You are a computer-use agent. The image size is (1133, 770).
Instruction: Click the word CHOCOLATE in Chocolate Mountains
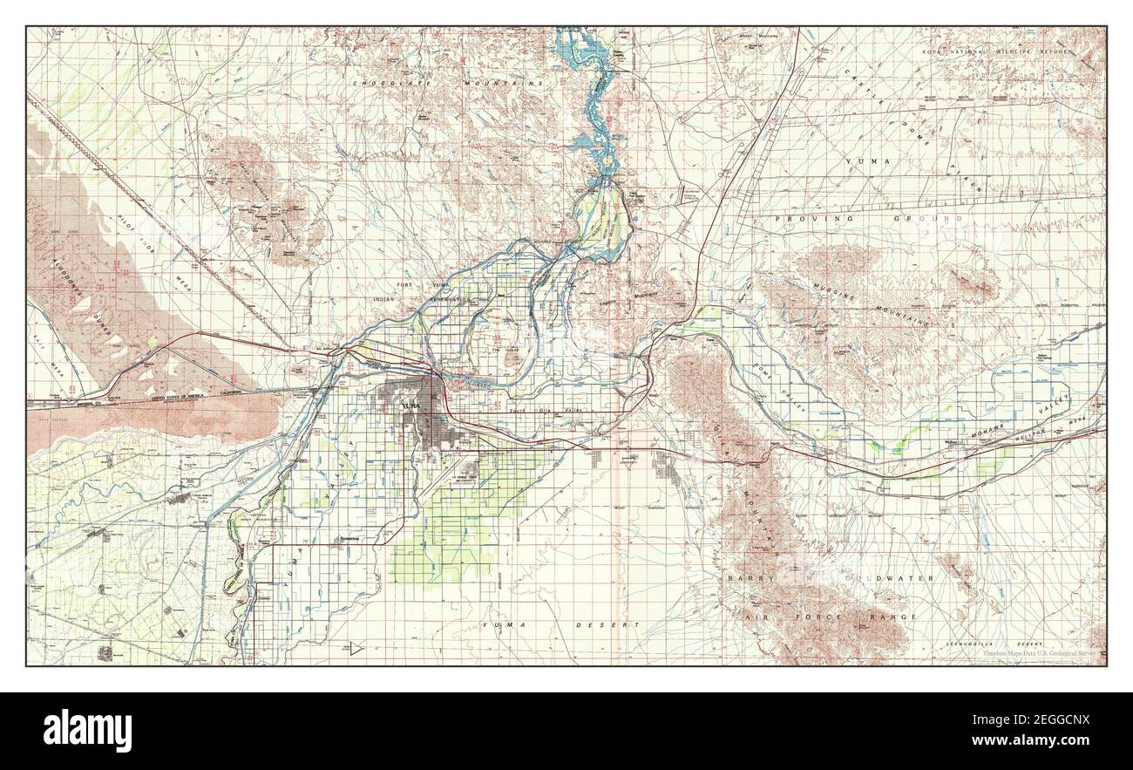(x=380, y=83)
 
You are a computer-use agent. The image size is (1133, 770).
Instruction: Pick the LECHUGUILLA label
(x=974, y=643)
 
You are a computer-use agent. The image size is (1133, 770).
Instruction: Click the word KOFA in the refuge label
(x=932, y=53)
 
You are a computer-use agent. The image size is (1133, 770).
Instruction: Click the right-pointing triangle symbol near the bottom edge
(x=356, y=648)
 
